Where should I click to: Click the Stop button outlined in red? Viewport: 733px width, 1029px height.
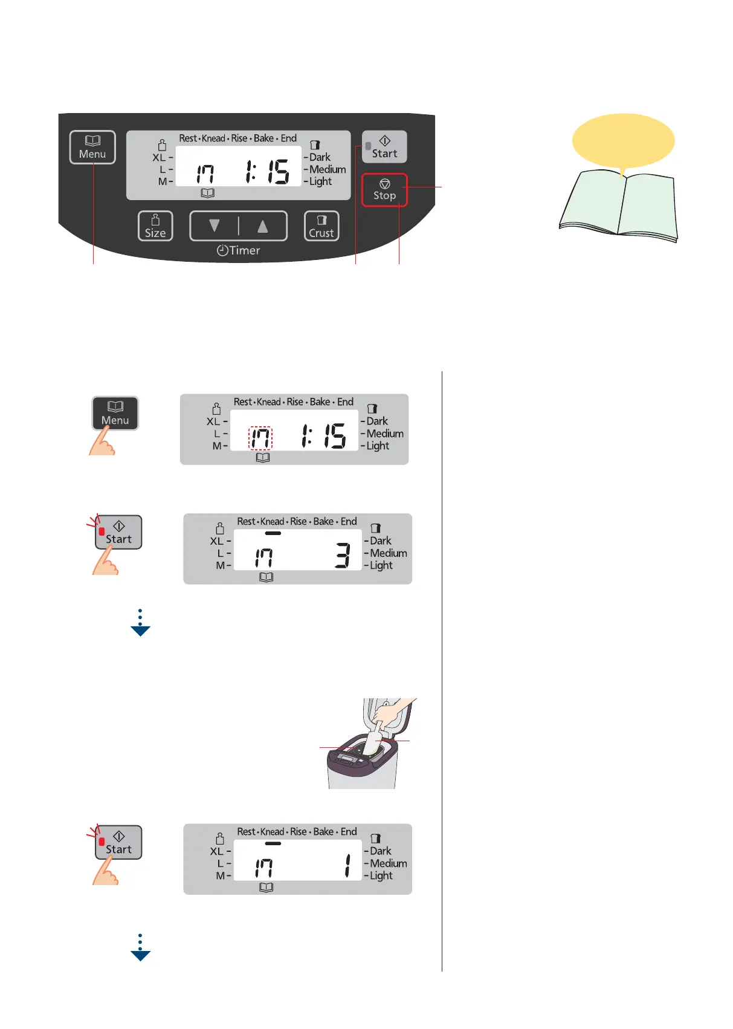point(384,190)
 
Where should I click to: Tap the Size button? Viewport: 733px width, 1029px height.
point(155,226)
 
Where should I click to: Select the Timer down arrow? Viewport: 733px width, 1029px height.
point(214,226)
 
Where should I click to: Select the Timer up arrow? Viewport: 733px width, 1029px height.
point(262,226)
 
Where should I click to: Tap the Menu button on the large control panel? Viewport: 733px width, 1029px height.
point(92,148)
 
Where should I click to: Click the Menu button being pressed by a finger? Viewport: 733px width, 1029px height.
point(115,413)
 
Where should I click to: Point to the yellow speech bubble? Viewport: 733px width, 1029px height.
point(623,141)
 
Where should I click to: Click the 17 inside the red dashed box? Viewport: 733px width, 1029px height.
point(261,438)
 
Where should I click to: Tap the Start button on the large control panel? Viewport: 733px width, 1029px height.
point(385,147)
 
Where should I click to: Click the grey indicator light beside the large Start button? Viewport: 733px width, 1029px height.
point(368,146)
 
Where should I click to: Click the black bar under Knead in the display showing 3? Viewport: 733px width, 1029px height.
point(273,533)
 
